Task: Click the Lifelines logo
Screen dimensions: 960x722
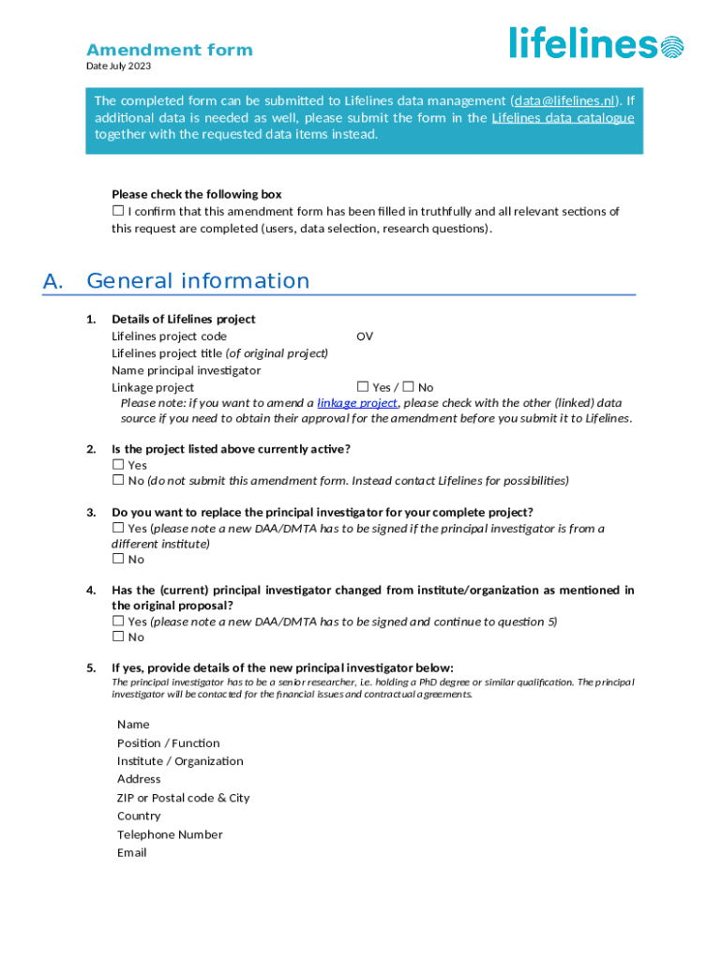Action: point(596,43)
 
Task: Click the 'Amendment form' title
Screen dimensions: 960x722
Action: point(170,51)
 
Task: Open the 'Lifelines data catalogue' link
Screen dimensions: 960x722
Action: point(563,117)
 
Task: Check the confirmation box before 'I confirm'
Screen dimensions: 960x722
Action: point(118,212)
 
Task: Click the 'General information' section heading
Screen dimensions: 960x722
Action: point(198,281)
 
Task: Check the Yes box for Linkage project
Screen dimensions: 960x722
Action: point(363,387)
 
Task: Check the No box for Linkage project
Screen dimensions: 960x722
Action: point(408,387)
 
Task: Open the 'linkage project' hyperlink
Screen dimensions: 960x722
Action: point(357,403)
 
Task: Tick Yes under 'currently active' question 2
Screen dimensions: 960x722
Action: point(118,465)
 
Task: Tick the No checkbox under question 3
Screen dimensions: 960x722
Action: point(118,560)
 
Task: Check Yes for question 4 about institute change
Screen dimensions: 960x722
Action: point(118,622)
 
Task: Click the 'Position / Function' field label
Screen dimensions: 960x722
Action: point(169,743)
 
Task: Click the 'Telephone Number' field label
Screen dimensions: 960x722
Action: point(170,834)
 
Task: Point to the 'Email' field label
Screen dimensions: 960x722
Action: point(132,853)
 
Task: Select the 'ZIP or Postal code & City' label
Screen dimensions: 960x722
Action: point(184,798)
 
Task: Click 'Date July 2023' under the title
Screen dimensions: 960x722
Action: point(118,67)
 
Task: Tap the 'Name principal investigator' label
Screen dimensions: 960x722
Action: point(187,370)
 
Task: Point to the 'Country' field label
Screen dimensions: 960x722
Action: point(139,817)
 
